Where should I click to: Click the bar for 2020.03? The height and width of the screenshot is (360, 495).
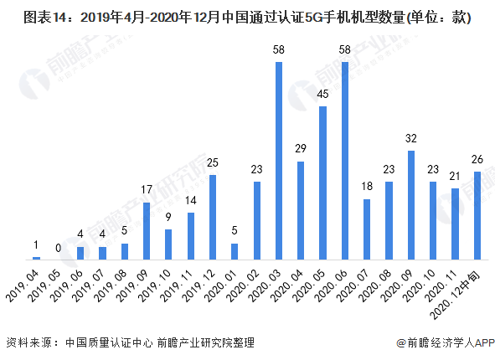point(279,160)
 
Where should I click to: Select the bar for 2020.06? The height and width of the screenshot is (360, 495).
point(344,160)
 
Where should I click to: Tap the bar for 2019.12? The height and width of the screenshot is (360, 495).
point(213,217)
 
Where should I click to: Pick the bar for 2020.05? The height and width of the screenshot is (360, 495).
point(322,183)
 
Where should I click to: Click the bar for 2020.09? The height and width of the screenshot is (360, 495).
point(410,205)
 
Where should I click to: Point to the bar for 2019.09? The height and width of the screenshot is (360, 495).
point(147,230)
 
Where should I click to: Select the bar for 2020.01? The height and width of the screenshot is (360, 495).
point(235,251)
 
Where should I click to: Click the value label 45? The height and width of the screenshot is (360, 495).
point(322,95)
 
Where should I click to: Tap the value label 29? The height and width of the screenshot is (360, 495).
point(301,149)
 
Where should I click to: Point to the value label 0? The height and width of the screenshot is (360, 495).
point(58,248)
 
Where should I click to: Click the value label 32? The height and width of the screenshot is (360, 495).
point(410,139)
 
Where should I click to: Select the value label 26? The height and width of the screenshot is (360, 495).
point(477,159)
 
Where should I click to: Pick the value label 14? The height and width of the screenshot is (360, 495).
point(191,200)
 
